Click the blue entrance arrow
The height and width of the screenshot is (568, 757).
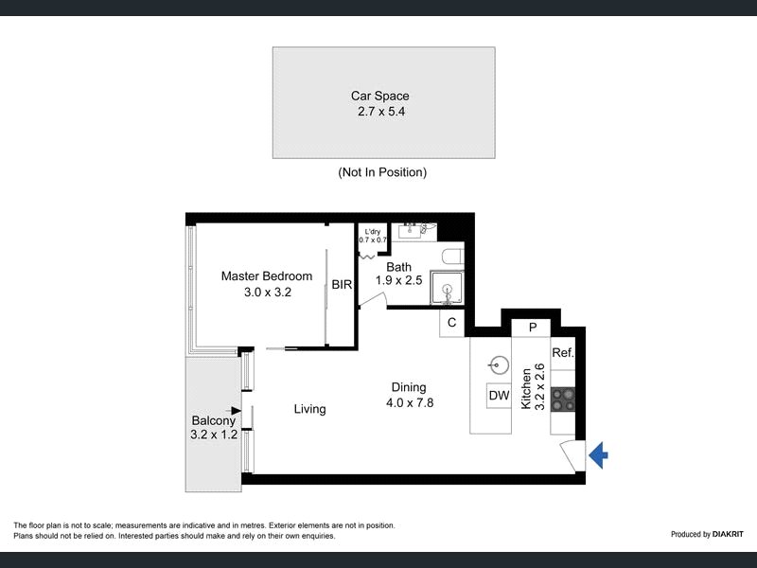tap(598, 455)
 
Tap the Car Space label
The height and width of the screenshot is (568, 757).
tap(380, 96)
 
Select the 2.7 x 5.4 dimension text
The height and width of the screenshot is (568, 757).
tap(381, 111)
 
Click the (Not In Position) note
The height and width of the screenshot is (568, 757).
tap(382, 172)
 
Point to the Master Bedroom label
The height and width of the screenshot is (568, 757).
tap(267, 275)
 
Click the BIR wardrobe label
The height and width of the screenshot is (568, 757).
tap(342, 285)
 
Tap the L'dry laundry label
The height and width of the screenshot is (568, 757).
tap(372, 231)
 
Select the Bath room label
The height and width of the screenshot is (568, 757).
tap(398, 267)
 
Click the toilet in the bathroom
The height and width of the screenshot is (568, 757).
tap(452, 256)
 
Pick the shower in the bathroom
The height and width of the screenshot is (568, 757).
tap(448, 288)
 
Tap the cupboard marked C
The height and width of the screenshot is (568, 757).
tap(452, 323)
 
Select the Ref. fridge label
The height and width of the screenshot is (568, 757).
tap(563, 352)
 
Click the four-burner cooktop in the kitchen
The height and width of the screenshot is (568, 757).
tap(563, 399)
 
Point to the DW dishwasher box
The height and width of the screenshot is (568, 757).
tap(499, 396)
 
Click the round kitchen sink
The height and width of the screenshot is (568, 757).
tap(499, 365)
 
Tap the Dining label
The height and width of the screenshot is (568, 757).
tap(409, 387)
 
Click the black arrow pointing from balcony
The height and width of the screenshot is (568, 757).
tap(234, 411)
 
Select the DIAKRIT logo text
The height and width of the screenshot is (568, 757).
tap(728, 534)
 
